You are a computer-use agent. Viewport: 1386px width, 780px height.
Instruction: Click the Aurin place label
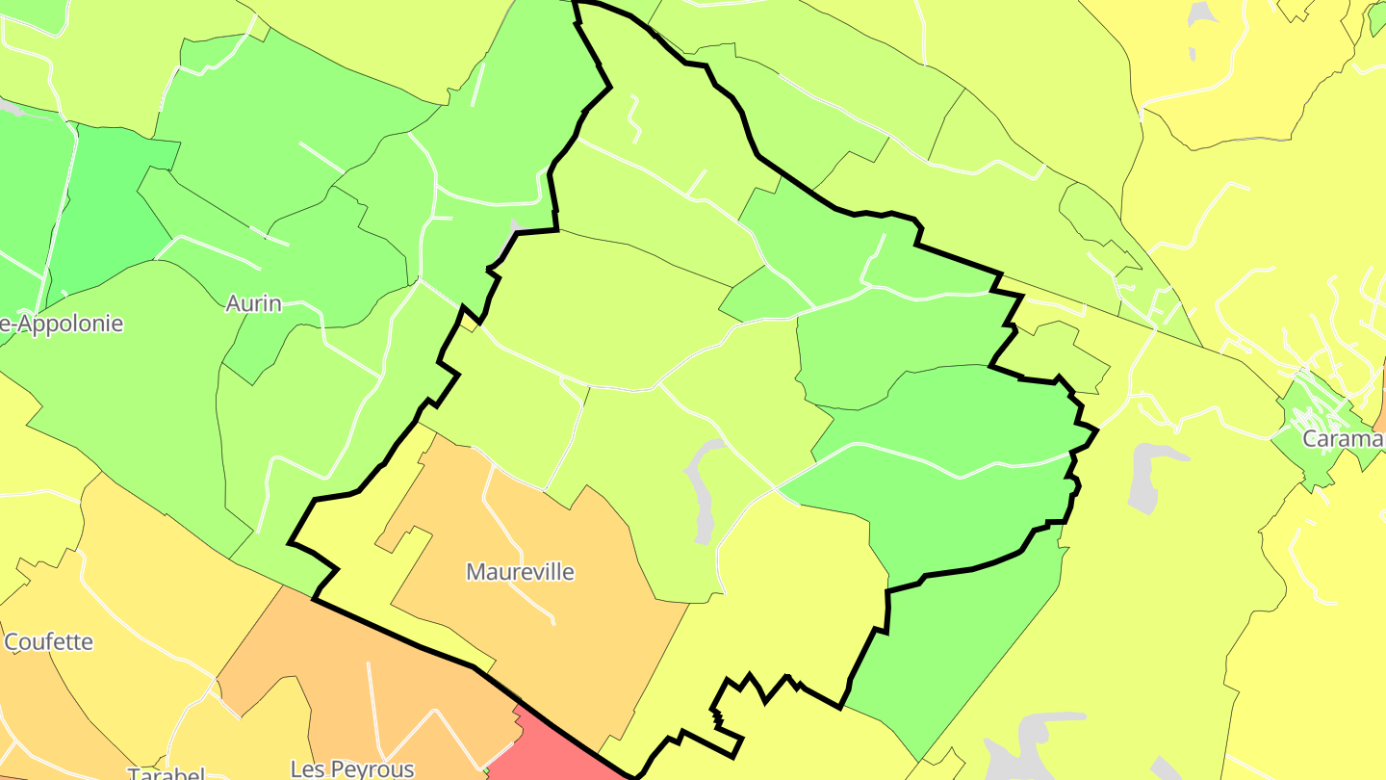253,304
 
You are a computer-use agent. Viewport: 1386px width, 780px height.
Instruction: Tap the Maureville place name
520,572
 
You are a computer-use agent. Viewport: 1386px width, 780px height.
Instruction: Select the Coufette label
49,642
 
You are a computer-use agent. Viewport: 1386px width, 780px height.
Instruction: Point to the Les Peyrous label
352,768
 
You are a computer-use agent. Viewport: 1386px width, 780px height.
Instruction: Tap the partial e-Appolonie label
62,324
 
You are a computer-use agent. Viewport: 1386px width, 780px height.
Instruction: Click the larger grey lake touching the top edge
1201,13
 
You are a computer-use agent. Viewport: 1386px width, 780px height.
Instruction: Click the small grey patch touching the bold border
515,226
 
